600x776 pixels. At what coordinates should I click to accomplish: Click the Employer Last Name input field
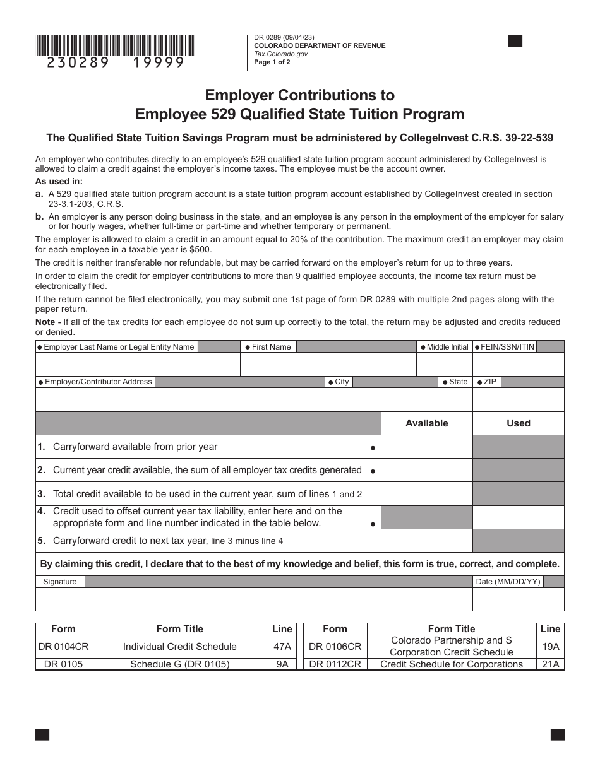point(138,365)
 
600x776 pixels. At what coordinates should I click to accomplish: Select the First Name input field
point(328,365)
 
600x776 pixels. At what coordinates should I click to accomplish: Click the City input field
point(381,399)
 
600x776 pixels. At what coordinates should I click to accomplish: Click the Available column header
point(427,423)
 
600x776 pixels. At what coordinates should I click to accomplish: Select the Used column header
point(519,423)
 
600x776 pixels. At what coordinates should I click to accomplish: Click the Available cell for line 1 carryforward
point(427,447)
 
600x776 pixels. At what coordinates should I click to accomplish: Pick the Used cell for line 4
point(519,517)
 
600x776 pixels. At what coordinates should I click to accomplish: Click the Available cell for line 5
point(427,541)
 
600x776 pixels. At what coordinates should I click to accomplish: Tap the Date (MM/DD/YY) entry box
point(519,599)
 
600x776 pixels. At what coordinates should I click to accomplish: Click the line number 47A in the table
point(282,646)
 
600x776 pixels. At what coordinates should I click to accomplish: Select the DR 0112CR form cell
point(335,664)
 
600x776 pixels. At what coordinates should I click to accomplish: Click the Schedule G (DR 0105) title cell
point(180,664)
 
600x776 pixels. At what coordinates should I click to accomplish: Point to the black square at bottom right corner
point(558,734)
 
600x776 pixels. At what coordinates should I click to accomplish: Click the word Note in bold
point(45,322)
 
